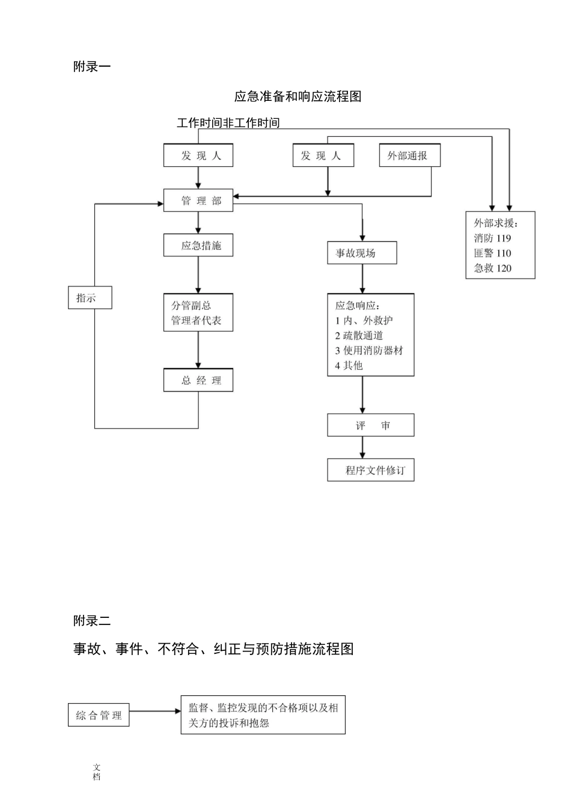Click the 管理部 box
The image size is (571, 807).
pyautogui.click(x=198, y=201)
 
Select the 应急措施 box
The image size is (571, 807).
pyautogui.click(x=198, y=246)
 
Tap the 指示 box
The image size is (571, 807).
pyautogui.click(x=90, y=298)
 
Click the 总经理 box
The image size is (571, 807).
pyautogui.click(x=198, y=380)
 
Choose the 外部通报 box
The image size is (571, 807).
pyautogui.click(x=410, y=156)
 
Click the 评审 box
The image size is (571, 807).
pyautogui.click(x=371, y=426)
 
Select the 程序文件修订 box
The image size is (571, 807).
pyautogui.click(x=371, y=470)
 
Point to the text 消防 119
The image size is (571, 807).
pyautogui.click(x=492, y=238)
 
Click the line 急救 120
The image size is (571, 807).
pyautogui.click(x=492, y=268)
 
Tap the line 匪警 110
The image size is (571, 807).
pyautogui.click(x=492, y=253)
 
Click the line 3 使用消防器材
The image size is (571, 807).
pyautogui.click(x=369, y=351)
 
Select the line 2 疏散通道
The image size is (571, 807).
pyautogui.click(x=359, y=336)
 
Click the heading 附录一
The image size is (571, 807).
pyautogui.click(x=92, y=67)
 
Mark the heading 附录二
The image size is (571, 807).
pyautogui.click(x=92, y=621)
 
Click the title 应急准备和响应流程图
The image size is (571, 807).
pyautogui.click(x=298, y=97)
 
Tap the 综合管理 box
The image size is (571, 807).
pyautogui.click(x=99, y=715)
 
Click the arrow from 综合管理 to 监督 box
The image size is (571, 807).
pyautogui.click(x=155, y=712)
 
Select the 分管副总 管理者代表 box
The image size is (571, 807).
pyautogui.click(x=198, y=313)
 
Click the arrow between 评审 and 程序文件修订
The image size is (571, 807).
pyautogui.click(x=362, y=448)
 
